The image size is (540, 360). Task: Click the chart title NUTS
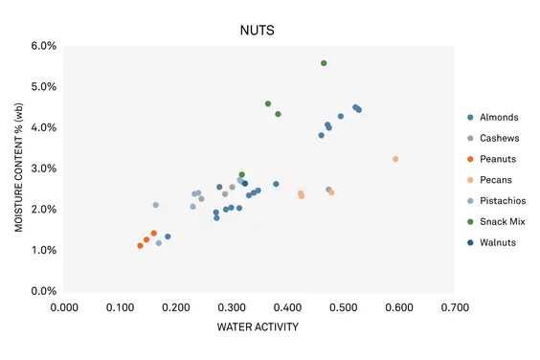(x=257, y=30)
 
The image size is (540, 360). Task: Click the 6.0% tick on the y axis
(x=43, y=46)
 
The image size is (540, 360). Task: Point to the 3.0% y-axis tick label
(x=43, y=169)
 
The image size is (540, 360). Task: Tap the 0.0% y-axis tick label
(x=43, y=291)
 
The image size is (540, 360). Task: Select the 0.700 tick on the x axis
(x=454, y=307)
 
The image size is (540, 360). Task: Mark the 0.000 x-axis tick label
(x=63, y=307)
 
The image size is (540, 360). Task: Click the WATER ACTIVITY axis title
(x=258, y=327)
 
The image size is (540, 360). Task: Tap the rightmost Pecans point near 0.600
(x=395, y=159)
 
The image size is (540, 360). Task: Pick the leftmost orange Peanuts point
(x=140, y=246)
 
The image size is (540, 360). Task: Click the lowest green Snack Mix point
(x=241, y=175)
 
